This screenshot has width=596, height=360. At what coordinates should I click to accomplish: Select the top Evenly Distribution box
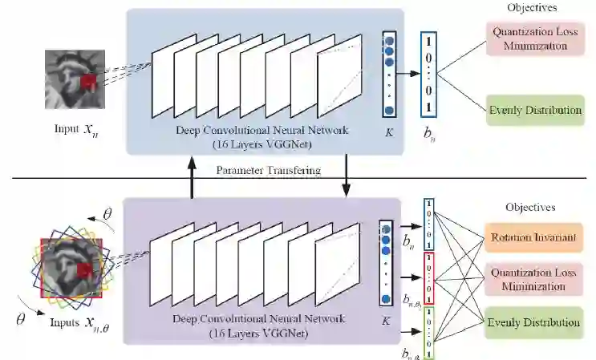pos(535,109)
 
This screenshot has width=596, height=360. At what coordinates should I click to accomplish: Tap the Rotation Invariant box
pos(536,237)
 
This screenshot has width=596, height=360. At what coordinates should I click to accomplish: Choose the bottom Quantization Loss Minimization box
pos(536,278)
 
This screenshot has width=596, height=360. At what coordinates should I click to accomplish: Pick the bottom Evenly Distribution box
pos(536,322)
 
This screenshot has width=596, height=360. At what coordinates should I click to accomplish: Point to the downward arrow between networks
pos(347,176)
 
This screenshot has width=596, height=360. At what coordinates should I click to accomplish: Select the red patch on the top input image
pos(88,83)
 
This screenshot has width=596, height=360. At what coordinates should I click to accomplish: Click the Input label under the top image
pos(72,128)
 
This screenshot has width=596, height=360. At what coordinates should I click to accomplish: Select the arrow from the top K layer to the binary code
pos(409,72)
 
